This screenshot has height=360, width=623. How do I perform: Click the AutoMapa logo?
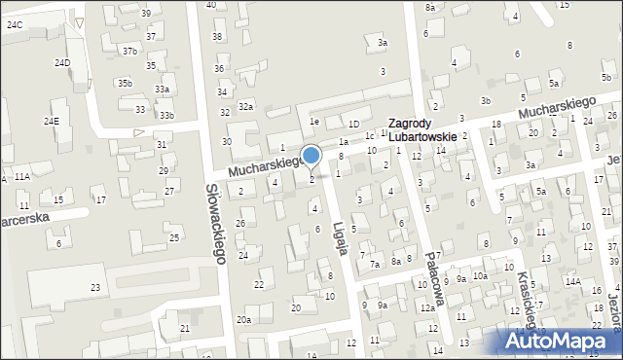[x=562, y=341]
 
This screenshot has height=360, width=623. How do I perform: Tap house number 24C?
[x=15, y=23]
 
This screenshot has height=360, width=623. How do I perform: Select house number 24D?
[x=62, y=62]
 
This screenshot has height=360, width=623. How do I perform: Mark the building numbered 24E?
[x=52, y=121]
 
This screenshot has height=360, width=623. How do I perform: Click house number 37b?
[x=129, y=50]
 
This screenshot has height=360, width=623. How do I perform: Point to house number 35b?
[x=125, y=83]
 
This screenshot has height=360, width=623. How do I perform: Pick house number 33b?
[x=167, y=115]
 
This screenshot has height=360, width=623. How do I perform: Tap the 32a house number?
[x=245, y=106]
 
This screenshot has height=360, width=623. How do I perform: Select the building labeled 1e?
[x=314, y=122]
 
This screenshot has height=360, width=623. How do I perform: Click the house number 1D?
[x=354, y=124]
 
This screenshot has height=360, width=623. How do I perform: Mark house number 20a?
[x=243, y=319]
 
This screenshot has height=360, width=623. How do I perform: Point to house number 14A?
[x=573, y=281]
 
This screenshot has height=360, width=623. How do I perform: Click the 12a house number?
[x=426, y=307]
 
